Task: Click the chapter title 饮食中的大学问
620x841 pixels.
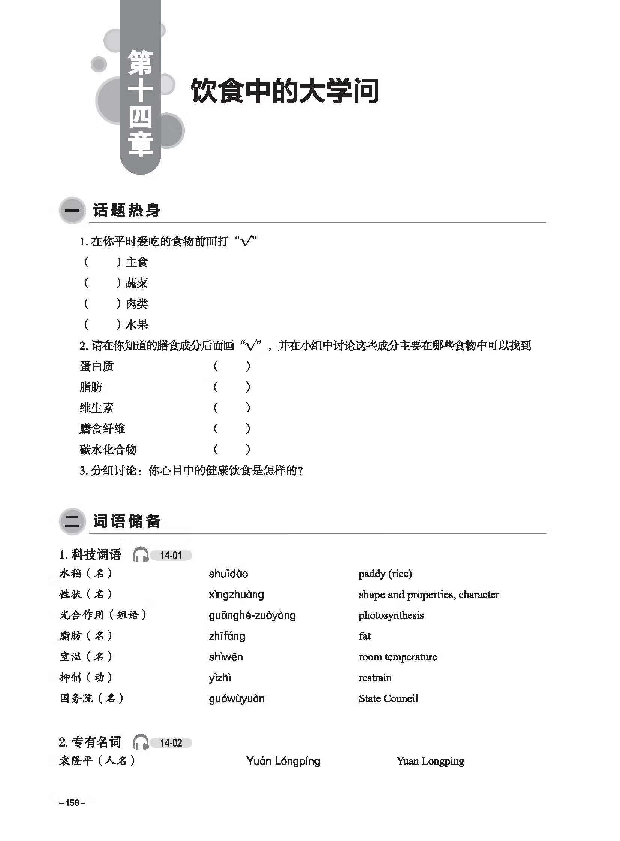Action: (285, 90)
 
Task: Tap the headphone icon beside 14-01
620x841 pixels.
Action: (141, 555)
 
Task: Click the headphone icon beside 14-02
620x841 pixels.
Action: (141, 742)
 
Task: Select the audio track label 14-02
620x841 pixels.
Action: (171, 743)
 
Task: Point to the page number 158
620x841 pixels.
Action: (72, 802)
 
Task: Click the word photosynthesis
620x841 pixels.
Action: (391, 615)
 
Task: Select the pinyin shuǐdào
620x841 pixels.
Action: (228, 574)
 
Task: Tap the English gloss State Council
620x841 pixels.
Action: (388, 698)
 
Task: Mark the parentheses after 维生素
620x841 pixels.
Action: (232, 408)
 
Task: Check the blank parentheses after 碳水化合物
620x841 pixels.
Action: (232, 449)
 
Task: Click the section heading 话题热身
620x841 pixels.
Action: (126, 210)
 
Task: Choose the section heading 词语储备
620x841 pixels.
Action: (126, 521)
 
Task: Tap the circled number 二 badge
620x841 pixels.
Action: (72, 521)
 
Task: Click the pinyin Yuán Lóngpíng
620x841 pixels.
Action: (283, 761)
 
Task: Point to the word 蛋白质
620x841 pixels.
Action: (96, 366)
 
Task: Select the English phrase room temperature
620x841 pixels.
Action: (397, 657)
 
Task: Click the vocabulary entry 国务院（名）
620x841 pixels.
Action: (91, 698)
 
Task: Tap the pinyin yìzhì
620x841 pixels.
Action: (220, 678)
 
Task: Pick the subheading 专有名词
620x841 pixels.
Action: (96, 742)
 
